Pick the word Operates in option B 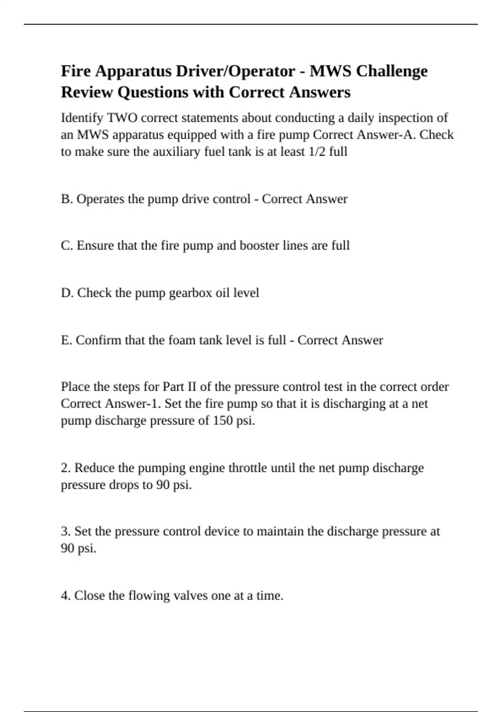(x=100, y=199)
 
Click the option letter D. (x=67, y=293)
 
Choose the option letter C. (x=67, y=245)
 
